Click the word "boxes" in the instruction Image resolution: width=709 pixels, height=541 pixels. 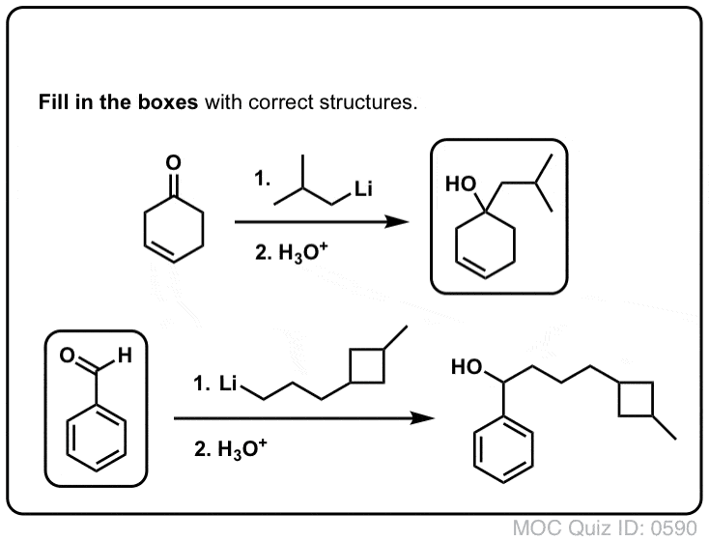[167, 102]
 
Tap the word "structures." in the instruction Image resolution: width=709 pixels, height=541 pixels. [368, 102]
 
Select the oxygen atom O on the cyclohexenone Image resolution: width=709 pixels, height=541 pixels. [173, 162]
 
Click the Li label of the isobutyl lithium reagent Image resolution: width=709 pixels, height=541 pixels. [363, 188]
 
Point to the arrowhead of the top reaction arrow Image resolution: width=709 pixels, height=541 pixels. [397, 221]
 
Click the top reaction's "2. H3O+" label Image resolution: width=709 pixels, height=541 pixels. [291, 252]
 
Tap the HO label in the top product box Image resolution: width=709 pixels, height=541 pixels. [461, 185]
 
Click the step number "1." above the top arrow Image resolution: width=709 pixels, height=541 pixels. [263, 178]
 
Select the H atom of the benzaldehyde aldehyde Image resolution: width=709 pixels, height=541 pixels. [125, 356]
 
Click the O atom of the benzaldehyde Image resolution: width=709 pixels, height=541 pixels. [68, 356]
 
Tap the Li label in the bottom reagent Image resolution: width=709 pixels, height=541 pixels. [228, 384]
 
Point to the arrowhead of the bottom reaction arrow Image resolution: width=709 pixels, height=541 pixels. [422, 418]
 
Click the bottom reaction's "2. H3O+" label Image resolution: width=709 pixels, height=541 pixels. [230, 448]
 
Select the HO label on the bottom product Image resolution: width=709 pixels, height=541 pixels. [467, 367]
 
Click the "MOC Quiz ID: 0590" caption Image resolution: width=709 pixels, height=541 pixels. [605, 527]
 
